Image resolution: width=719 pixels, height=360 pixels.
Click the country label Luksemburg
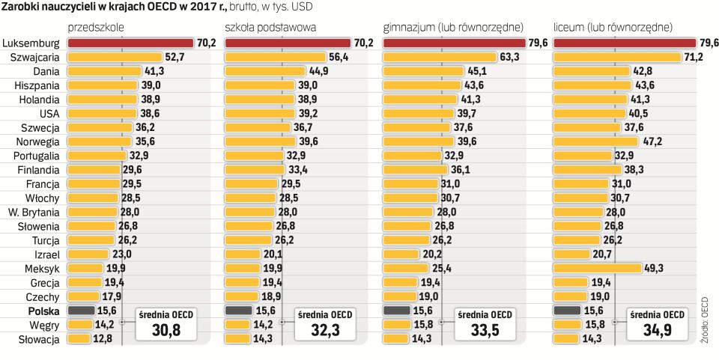tap(32, 43)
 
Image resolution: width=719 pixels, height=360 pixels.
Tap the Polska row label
tap(43, 311)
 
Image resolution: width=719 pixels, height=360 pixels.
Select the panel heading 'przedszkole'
tap(96, 27)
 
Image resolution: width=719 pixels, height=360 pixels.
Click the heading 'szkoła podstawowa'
tap(270, 27)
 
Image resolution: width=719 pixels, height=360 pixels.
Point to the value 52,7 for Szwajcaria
tap(175, 57)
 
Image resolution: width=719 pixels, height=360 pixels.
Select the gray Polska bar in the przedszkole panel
tap(81, 311)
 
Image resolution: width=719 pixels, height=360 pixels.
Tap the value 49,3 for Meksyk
tap(654, 268)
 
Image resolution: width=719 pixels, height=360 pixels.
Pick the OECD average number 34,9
tap(657, 331)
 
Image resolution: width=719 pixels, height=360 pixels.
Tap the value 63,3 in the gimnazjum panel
tap(509, 57)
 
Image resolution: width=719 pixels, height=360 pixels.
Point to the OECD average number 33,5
tap(486, 331)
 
